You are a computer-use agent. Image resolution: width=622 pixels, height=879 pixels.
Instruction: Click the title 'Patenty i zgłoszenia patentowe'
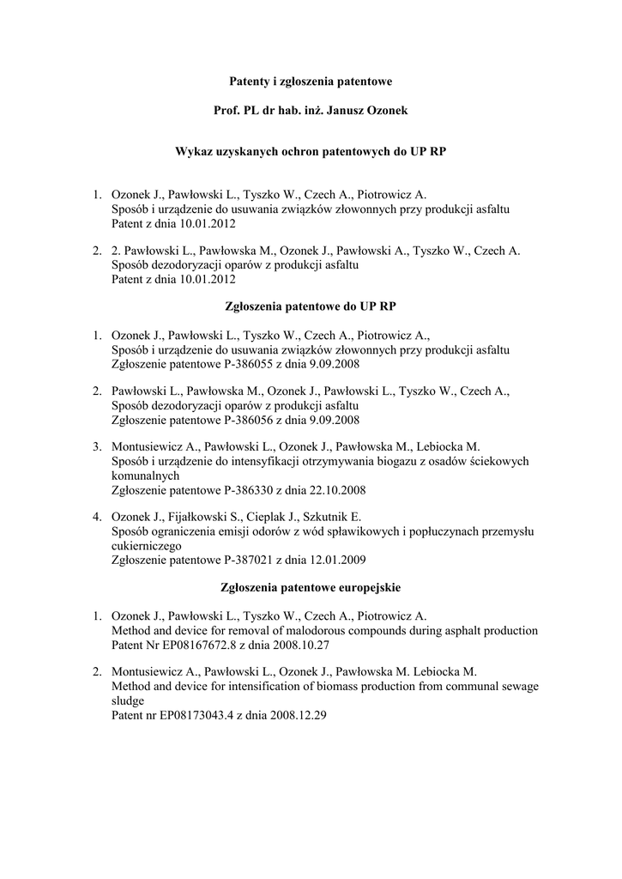pyautogui.click(x=311, y=82)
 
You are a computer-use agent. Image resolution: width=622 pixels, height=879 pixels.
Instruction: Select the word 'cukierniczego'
pyautogui.click(x=147, y=546)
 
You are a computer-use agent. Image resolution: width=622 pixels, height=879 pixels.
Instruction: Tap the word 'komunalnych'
pyautogui.click(x=145, y=476)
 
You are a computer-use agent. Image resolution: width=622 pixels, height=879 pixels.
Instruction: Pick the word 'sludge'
pyautogui.click(x=129, y=700)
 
